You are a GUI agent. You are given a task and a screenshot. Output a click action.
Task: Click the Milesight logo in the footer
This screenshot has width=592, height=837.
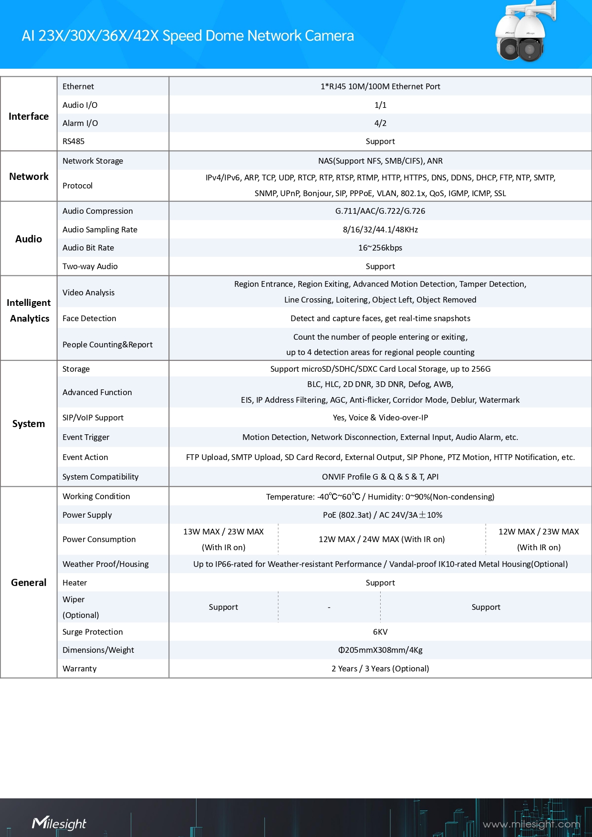59,823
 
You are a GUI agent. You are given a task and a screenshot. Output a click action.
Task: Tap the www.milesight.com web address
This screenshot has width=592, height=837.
531,824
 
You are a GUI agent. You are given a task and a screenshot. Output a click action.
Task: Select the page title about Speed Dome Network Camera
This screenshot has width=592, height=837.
187,36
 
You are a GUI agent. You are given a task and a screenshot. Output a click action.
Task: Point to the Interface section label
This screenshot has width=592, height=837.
29,116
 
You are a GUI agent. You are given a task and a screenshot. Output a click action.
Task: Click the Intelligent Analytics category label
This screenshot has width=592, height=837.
29,311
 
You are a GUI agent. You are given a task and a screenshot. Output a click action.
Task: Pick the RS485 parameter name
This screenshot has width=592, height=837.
73,141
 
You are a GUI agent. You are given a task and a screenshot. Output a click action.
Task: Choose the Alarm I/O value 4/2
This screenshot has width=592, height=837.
380,123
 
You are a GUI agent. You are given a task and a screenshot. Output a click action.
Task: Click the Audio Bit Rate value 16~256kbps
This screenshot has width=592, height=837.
380,248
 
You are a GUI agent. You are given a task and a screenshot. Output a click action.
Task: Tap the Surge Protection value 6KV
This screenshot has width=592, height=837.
380,632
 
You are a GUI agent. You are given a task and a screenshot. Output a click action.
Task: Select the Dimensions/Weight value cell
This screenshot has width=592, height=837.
380,650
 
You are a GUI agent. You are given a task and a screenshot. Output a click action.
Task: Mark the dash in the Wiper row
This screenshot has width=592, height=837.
329,607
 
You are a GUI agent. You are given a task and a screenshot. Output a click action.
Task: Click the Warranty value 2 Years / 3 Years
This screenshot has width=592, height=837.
380,669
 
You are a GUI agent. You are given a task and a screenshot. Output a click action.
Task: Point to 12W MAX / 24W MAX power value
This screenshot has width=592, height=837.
382,539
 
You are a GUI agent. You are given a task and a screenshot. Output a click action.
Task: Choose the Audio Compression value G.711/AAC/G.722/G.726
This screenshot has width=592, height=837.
380,211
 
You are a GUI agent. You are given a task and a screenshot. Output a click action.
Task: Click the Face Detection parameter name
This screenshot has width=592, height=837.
89,318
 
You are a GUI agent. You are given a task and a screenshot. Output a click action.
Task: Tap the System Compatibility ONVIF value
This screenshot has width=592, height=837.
380,477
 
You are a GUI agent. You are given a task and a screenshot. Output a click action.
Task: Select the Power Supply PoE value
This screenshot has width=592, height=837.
383,515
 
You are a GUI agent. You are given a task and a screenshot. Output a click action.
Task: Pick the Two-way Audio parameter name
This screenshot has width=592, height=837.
90,266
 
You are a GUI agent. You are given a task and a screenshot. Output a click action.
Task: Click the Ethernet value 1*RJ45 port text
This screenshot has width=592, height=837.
380,86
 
